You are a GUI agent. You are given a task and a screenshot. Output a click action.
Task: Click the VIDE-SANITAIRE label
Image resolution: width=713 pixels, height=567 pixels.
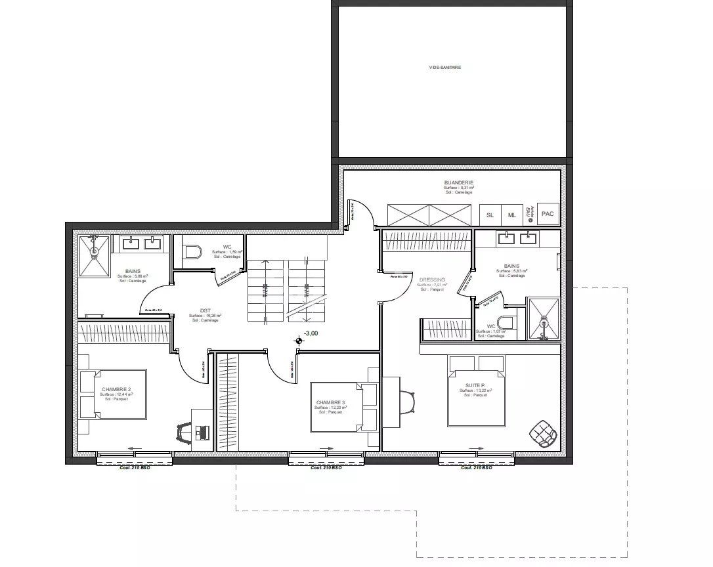coord(444,67)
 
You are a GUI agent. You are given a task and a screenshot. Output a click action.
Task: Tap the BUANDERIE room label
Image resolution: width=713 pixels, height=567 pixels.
coord(458,182)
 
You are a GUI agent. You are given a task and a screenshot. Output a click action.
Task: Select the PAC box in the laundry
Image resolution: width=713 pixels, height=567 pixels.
coord(548,214)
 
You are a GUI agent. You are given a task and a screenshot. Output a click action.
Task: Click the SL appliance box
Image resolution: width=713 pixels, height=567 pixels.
coord(490,215)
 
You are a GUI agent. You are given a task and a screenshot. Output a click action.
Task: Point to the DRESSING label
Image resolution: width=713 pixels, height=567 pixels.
coord(432,280)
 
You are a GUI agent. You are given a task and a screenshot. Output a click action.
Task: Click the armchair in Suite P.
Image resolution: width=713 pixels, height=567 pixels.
coord(544,432)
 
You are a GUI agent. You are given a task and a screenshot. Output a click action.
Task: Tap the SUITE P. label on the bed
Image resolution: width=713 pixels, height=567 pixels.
coord(476,386)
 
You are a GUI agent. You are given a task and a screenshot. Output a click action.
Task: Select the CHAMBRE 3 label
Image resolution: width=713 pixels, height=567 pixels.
coord(330,402)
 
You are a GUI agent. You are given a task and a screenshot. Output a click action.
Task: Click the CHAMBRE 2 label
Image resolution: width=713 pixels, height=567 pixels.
coord(116,389)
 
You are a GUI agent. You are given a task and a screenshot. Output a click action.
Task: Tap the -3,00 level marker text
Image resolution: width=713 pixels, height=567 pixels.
coord(311,333)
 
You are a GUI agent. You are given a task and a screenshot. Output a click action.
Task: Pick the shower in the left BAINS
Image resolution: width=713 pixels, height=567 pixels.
coord(95,257)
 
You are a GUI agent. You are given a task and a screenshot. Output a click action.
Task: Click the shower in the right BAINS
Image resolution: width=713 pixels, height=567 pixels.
coord(544,320)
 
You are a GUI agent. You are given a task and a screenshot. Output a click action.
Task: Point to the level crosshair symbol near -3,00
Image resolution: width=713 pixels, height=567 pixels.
coord(299,340)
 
